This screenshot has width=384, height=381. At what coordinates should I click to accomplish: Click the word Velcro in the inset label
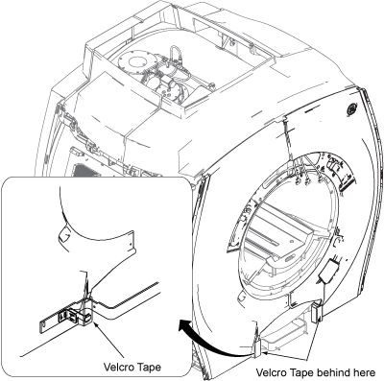click(118, 367)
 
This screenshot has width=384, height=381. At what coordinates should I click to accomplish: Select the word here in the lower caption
click(365, 373)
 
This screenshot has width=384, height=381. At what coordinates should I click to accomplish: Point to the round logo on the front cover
click(351, 109)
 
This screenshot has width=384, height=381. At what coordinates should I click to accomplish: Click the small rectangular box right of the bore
click(329, 271)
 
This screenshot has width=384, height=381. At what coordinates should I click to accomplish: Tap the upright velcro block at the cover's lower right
click(316, 312)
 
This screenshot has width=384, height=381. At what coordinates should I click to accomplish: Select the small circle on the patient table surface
click(292, 240)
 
